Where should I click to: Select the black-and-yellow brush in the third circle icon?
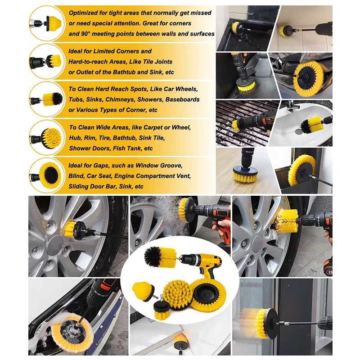(x=53, y=99)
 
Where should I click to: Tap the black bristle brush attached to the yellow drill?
(x=160, y=256)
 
